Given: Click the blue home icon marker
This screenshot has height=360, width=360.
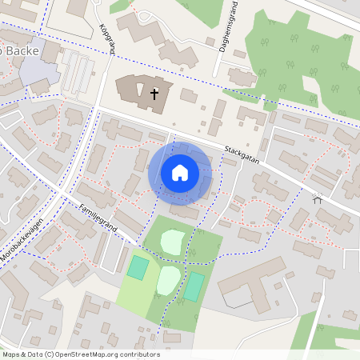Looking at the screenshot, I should [x=180, y=173].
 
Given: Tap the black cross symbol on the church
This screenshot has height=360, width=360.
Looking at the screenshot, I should [x=154, y=94].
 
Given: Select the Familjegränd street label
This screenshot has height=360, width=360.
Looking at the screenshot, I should [x=98, y=218].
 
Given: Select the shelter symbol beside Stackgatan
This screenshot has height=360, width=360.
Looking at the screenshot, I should [x=318, y=198].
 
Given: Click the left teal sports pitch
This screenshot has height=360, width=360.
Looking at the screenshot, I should [x=138, y=267].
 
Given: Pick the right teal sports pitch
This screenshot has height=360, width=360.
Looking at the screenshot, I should [x=194, y=286].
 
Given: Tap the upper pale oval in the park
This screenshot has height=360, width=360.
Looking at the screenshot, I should [x=173, y=240].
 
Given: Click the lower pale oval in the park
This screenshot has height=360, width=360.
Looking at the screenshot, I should [x=167, y=279].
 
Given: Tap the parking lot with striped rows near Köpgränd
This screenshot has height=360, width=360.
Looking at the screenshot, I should [x=78, y=71].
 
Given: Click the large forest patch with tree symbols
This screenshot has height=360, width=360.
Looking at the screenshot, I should [x=296, y=60].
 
